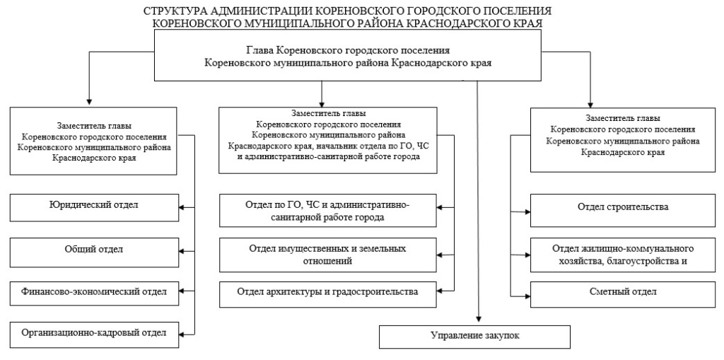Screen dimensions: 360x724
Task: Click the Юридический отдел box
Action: pos(93,207)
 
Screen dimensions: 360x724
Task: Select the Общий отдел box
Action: pos(93,249)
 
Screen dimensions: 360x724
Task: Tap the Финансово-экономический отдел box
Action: pos(93,291)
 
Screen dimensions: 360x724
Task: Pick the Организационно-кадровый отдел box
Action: pos(93,333)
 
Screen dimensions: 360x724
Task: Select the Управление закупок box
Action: pos(474,336)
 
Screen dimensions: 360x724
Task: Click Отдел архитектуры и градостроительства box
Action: pos(327,291)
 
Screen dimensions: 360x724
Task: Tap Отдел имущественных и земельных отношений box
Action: pos(327,254)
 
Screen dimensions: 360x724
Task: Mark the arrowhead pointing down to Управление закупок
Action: pos(479,319)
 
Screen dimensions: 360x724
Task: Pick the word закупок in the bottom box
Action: pos(501,336)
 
